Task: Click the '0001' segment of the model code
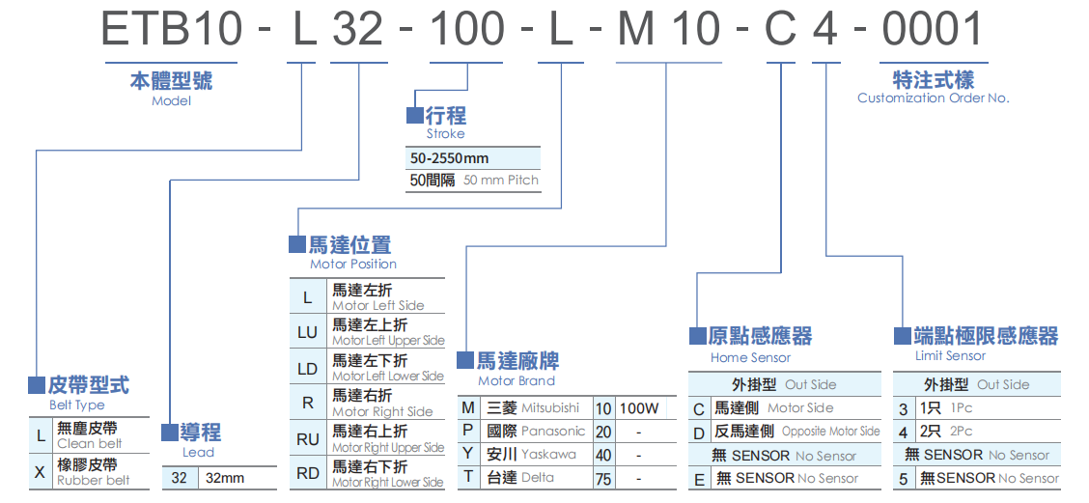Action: coord(932,29)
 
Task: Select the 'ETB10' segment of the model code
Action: coord(172,29)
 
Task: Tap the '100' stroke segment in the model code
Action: coord(466,29)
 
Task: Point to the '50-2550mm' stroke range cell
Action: coord(450,157)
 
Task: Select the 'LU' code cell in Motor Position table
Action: coord(308,333)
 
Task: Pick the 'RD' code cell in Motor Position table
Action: coord(308,473)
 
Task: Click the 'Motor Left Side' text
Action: coord(377,305)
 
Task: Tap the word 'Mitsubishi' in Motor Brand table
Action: coord(550,408)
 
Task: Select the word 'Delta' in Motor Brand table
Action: coord(538,477)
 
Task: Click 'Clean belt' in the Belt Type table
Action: coord(90,444)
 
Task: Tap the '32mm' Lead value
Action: coord(226,478)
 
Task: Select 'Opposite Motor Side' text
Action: coord(830,432)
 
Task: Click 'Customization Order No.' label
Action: coord(933,98)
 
